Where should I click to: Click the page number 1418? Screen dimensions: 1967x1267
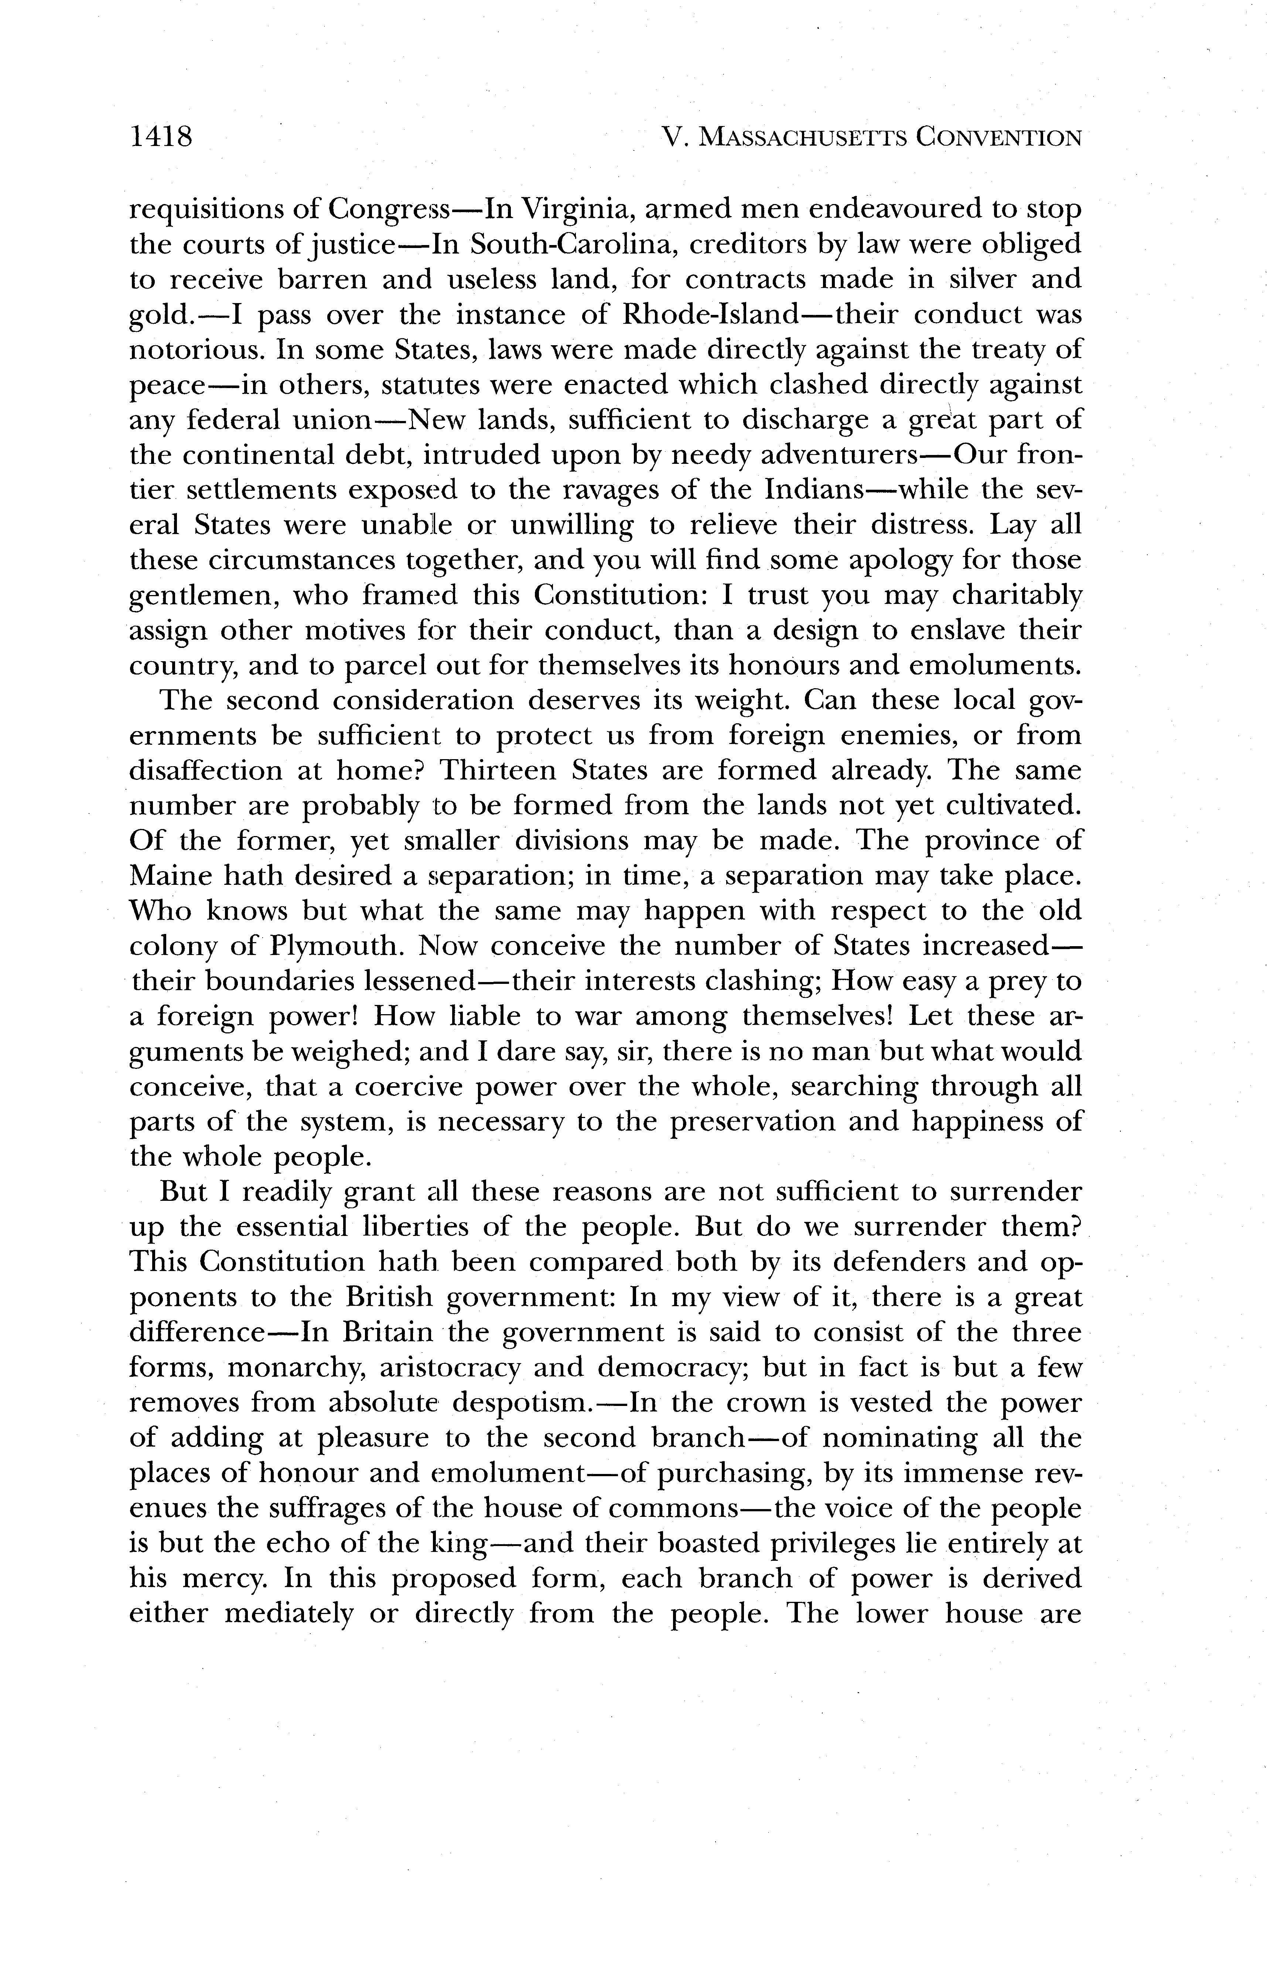[161, 136]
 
